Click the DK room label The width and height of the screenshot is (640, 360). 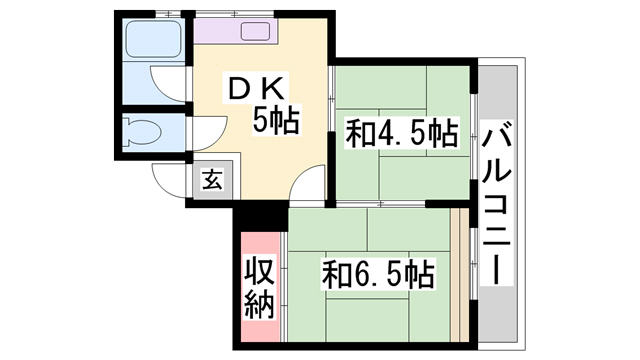(256, 89)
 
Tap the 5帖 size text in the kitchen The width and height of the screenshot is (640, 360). (276, 120)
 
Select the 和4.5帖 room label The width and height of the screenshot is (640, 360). (401, 133)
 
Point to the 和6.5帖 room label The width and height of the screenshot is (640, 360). (378, 273)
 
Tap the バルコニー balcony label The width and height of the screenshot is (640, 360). (496, 203)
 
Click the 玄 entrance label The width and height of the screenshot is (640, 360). (212, 179)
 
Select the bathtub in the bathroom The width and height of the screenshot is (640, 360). (153, 39)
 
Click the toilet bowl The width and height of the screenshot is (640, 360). (142, 131)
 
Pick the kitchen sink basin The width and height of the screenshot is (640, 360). (255, 31)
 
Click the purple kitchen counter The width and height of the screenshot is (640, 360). (236, 31)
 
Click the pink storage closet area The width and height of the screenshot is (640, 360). (260, 287)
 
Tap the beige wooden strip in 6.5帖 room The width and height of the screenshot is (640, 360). (460, 275)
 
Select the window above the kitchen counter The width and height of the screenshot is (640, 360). (235, 14)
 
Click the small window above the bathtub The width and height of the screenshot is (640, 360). (168, 14)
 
